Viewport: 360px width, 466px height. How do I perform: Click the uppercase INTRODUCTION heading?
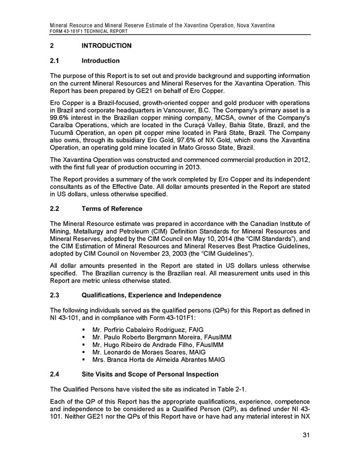click(106, 46)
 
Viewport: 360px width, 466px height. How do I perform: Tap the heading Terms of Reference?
click(112, 209)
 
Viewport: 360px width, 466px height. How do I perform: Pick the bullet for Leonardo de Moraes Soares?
click(81, 352)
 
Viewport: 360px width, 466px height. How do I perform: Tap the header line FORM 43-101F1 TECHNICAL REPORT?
click(88, 31)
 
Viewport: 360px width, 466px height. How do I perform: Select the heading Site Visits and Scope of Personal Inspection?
click(150, 374)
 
